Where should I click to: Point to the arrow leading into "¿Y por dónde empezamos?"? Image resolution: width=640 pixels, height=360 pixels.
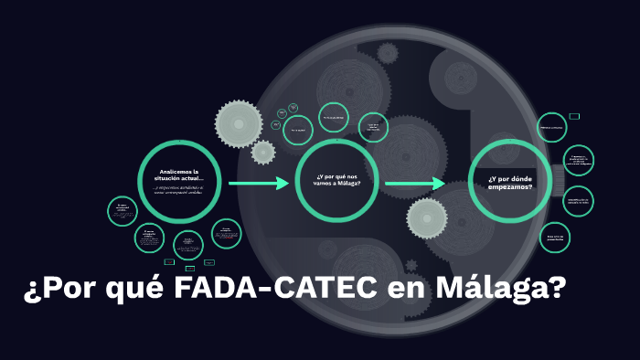click(414, 184)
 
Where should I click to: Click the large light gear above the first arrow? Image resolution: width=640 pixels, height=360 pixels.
click(239, 121)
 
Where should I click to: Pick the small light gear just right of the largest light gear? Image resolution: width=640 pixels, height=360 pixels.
click(263, 153)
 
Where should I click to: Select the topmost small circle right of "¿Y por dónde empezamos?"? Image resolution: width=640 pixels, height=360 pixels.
click(552, 128)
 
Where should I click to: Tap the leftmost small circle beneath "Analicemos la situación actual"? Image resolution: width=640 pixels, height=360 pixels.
click(122, 212)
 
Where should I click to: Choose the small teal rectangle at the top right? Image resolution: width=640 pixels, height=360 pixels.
click(574, 116)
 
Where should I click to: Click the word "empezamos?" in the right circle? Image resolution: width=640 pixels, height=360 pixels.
click(510, 186)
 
